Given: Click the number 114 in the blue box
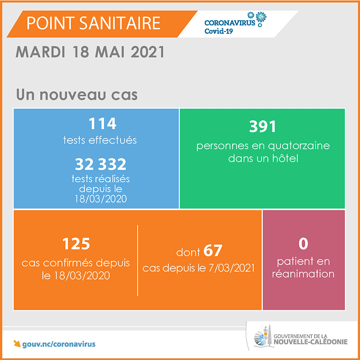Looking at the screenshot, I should coord(103,123).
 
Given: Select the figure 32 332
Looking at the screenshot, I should coord(101,164).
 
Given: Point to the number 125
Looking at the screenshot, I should coord(76,244).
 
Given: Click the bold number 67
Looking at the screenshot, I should coord(213,251).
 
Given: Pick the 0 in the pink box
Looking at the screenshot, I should coord(303,243).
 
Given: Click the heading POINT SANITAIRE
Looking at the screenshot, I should coord(93,23).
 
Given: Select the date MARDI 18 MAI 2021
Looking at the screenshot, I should coord(90,52).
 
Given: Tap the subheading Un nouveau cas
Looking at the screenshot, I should coord(77,95).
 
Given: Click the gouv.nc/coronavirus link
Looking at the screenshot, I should coord(59,344).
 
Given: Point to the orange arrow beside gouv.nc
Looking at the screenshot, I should coord(17,344).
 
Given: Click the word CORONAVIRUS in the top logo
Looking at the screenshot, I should coord(230,22).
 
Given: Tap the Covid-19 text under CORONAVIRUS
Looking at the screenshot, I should coord(218,31).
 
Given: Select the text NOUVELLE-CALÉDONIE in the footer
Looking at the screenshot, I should coord(311,342).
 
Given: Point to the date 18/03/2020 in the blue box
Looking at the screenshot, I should coord(101,200).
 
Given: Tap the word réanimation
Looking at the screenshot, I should coord(303,274).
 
